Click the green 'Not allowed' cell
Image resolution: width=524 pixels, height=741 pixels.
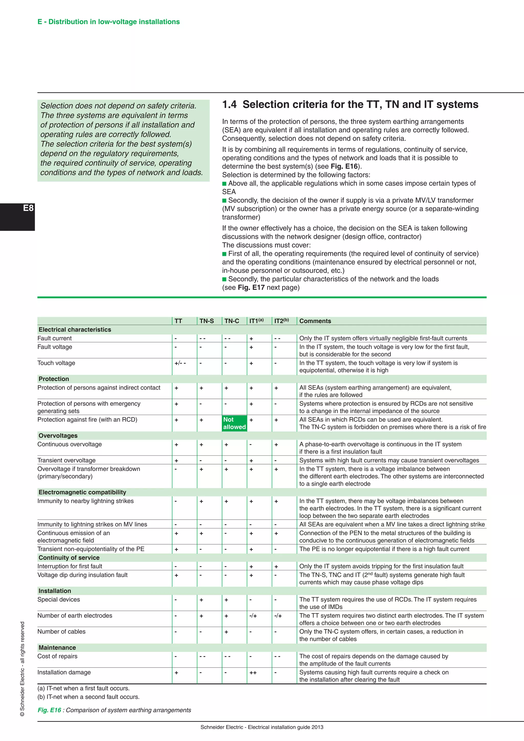click(x=234, y=423)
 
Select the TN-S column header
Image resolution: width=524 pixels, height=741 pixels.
click(x=206, y=321)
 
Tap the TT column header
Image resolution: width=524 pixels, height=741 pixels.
click(x=178, y=321)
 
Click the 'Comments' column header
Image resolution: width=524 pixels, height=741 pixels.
click(x=315, y=321)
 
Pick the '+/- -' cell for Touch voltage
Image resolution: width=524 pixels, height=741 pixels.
click(x=180, y=363)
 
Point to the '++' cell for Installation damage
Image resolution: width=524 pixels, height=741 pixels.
click(x=253, y=673)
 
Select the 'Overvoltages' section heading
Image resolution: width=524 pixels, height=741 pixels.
click(x=58, y=435)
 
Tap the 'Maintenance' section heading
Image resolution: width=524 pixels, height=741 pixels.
click(x=57, y=647)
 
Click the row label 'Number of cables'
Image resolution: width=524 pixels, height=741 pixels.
click(x=61, y=631)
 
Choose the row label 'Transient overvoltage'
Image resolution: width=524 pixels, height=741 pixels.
click(x=67, y=460)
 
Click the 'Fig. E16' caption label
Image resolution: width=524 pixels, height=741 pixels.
click(x=49, y=710)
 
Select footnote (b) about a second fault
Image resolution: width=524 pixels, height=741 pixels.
click(x=89, y=697)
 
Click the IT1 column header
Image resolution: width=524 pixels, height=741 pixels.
click(x=256, y=321)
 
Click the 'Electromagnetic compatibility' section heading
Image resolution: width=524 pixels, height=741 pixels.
click(x=82, y=492)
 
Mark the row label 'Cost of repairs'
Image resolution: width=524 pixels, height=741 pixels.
click(x=57, y=656)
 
